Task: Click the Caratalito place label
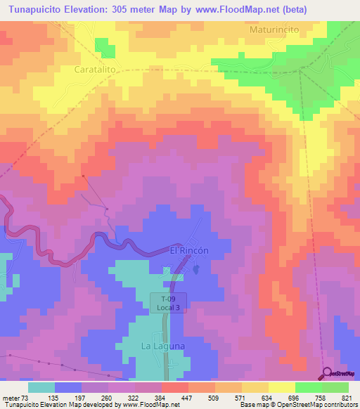(x=96, y=70)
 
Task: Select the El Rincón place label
(x=189, y=250)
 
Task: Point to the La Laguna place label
(x=162, y=346)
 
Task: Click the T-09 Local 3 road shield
(x=168, y=303)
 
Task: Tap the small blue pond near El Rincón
(x=196, y=268)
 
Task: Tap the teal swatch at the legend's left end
(x=41, y=387)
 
